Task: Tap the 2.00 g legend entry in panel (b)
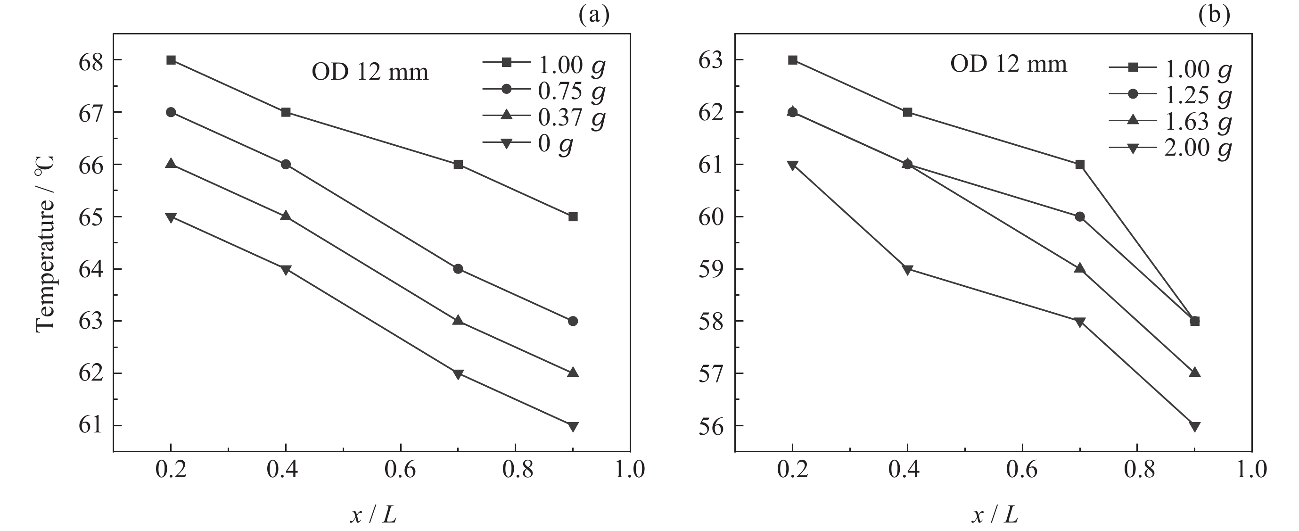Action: (x=1170, y=148)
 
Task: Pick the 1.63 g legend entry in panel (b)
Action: (x=1170, y=121)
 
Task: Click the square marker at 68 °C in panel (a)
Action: (x=171, y=60)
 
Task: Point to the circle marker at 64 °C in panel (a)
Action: (x=458, y=268)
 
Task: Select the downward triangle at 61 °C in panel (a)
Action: (x=573, y=426)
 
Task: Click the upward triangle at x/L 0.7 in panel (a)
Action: (x=458, y=321)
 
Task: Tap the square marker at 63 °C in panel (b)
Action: (x=793, y=60)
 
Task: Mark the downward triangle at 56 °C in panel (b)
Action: (x=1195, y=426)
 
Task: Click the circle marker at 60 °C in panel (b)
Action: (x=1080, y=216)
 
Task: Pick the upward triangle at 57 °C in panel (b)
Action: (x=1195, y=373)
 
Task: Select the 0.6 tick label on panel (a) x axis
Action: (x=400, y=470)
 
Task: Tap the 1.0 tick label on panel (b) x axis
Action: (x=1251, y=470)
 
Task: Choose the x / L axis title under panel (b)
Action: (x=995, y=515)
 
